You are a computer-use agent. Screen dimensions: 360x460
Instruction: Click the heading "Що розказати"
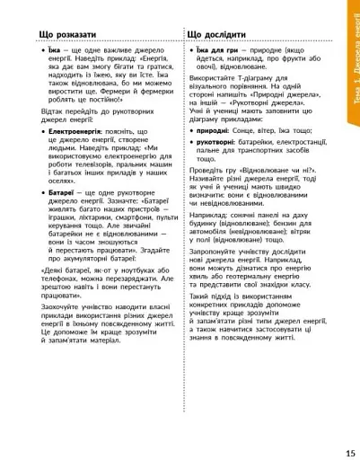68,34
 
